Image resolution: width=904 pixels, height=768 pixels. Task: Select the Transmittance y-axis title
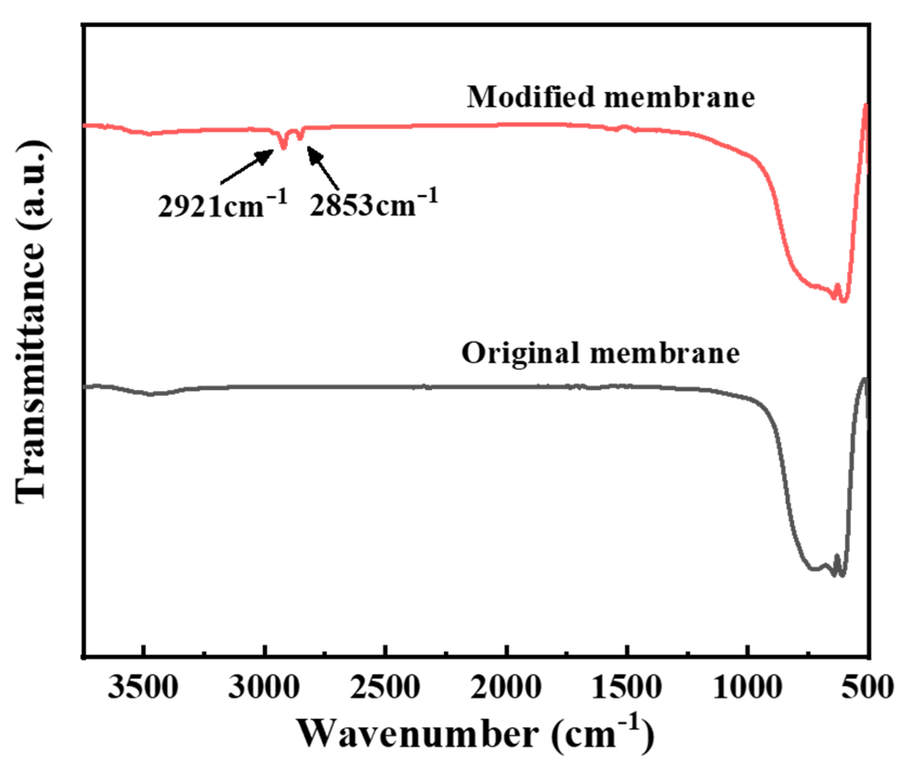click(33, 321)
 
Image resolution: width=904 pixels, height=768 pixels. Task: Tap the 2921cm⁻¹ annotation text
click(222, 204)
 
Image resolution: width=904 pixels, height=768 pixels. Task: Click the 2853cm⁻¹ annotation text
click(374, 204)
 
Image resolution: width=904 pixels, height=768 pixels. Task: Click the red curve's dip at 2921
click(284, 148)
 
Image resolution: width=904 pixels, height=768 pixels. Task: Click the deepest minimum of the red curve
click(844, 301)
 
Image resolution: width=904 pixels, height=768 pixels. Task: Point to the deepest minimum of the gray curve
click(842, 575)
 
